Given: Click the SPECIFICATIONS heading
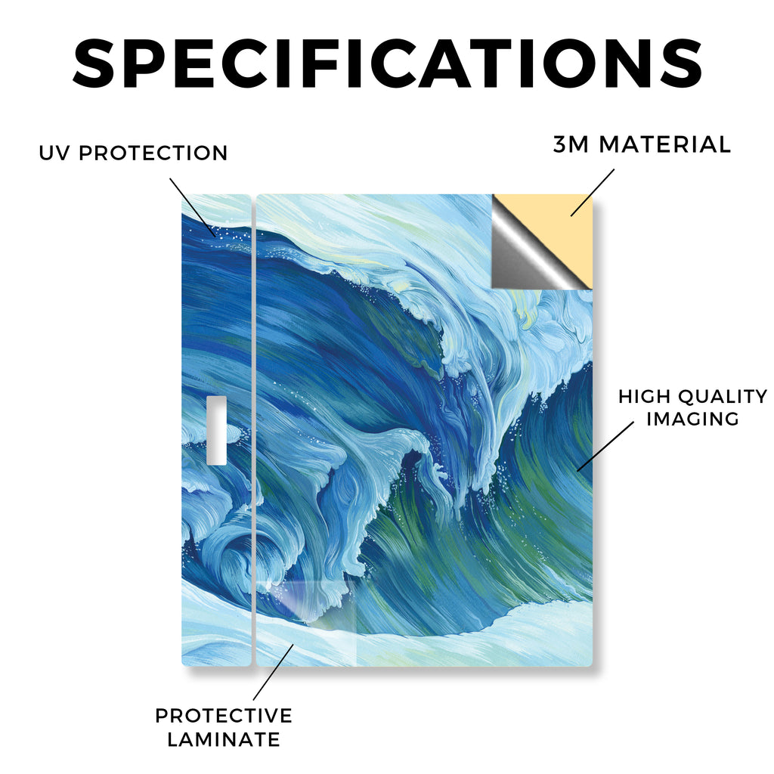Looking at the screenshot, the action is coord(388,63).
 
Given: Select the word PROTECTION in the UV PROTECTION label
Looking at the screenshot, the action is coord(153,153).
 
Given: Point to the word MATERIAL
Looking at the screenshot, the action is coord(664,144).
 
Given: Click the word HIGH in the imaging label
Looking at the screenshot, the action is coord(643,396).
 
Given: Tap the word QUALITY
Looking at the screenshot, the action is coord(723,396).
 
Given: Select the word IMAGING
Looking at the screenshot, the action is coord(692,419).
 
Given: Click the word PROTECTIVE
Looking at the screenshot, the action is coord(224,716).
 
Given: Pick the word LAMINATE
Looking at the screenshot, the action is coord(224,739).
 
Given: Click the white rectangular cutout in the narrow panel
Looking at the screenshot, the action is coord(217,430).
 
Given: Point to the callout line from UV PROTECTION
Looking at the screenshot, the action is coord(193,207).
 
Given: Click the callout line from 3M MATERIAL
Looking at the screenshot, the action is coord(593,193).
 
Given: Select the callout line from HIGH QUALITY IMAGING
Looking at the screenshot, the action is coord(605,446).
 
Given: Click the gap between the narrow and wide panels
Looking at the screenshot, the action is coord(254,430).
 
